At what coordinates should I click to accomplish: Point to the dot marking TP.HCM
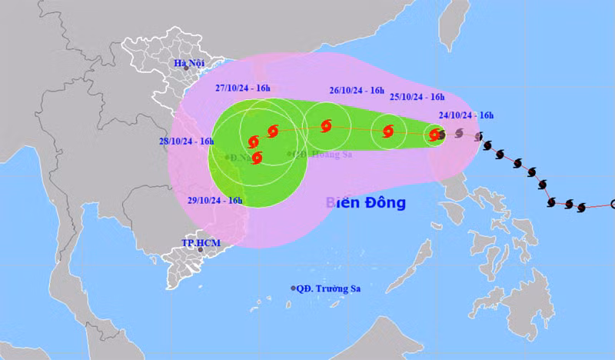click(200, 249)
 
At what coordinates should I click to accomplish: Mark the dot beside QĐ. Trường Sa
click(294, 288)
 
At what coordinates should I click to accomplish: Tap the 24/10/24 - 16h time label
click(466, 116)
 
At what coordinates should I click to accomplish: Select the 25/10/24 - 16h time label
click(417, 97)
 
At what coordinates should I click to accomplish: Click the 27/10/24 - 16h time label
click(244, 88)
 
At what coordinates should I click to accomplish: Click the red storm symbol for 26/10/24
click(326, 125)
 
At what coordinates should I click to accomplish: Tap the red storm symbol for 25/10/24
click(388, 132)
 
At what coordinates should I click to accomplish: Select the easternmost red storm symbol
click(435, 135)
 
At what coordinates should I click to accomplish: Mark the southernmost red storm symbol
click(257, 158)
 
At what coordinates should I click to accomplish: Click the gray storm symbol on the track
click(459, 133)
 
